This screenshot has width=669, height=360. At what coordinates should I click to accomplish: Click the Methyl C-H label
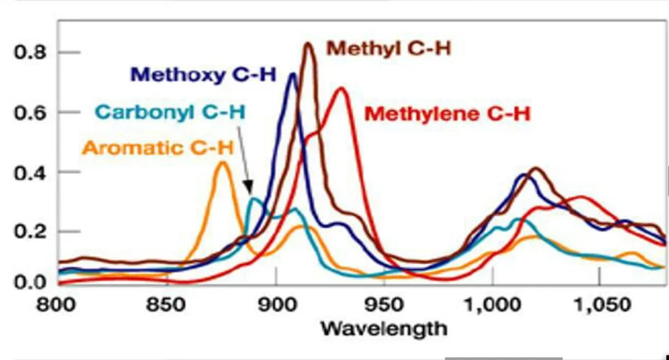click(388, 49)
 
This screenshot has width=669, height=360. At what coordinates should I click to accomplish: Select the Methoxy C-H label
click(203, 75)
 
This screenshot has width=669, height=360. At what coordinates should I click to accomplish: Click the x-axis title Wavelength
click(383, 328)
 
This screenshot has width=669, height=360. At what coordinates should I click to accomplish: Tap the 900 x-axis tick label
click(276, 306)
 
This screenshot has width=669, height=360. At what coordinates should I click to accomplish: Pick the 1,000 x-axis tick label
click(492, 306)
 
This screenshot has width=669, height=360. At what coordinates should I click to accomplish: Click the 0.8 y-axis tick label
click(29, 52)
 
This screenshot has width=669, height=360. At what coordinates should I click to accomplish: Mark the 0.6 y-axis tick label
click(29, 112)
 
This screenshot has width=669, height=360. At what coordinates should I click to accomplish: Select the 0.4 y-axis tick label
click(29, 172)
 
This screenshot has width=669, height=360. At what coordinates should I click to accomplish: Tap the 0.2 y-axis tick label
click(29, 232)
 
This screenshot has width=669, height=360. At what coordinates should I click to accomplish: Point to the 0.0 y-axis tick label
click(29, 281)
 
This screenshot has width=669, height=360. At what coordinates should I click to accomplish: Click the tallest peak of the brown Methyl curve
click(308, 44)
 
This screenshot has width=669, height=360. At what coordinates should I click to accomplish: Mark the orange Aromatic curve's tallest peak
click(222, 163)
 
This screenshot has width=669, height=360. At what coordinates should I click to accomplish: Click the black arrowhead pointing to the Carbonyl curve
click(250, 191)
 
